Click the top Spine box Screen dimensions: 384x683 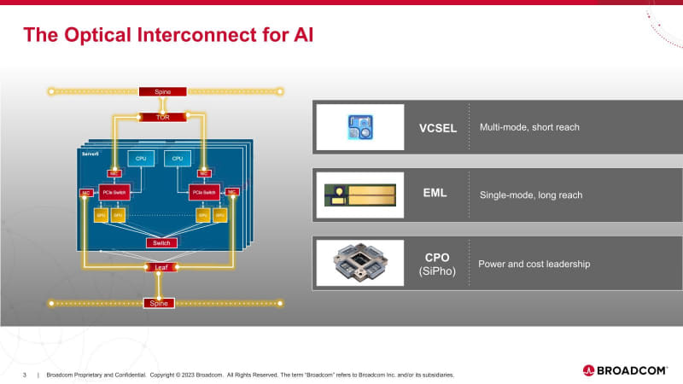pyautogui.click(x=162, y=90)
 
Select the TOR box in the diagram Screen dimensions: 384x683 pyautogui.click(x=162, y=117)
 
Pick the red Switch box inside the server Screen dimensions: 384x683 pyautogui.click(x=161, y=243)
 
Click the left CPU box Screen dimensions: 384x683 pyautogui.click(x=139, y=158)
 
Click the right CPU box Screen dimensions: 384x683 pyautogui.click(x=178, y=158)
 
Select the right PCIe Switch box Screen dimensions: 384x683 pyautogui.click(x=204, y=192)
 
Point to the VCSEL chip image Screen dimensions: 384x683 pyautogui.click(x=359, y=127)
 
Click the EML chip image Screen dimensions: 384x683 pyautogui.click(x=359, y=195)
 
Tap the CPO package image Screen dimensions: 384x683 pyautogui.click(x=359, y=263)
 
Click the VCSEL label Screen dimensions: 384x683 pyautogui.click(x=439, y=128)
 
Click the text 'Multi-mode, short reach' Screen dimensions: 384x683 pyautogui.click(x=529, y=128)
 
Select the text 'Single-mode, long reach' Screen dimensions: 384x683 pyautogui.click(x=531, y=195)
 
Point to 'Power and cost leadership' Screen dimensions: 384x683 pyautogui.click(x=534, y=265)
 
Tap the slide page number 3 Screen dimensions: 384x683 pyautogui.click(x=24, y=375)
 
